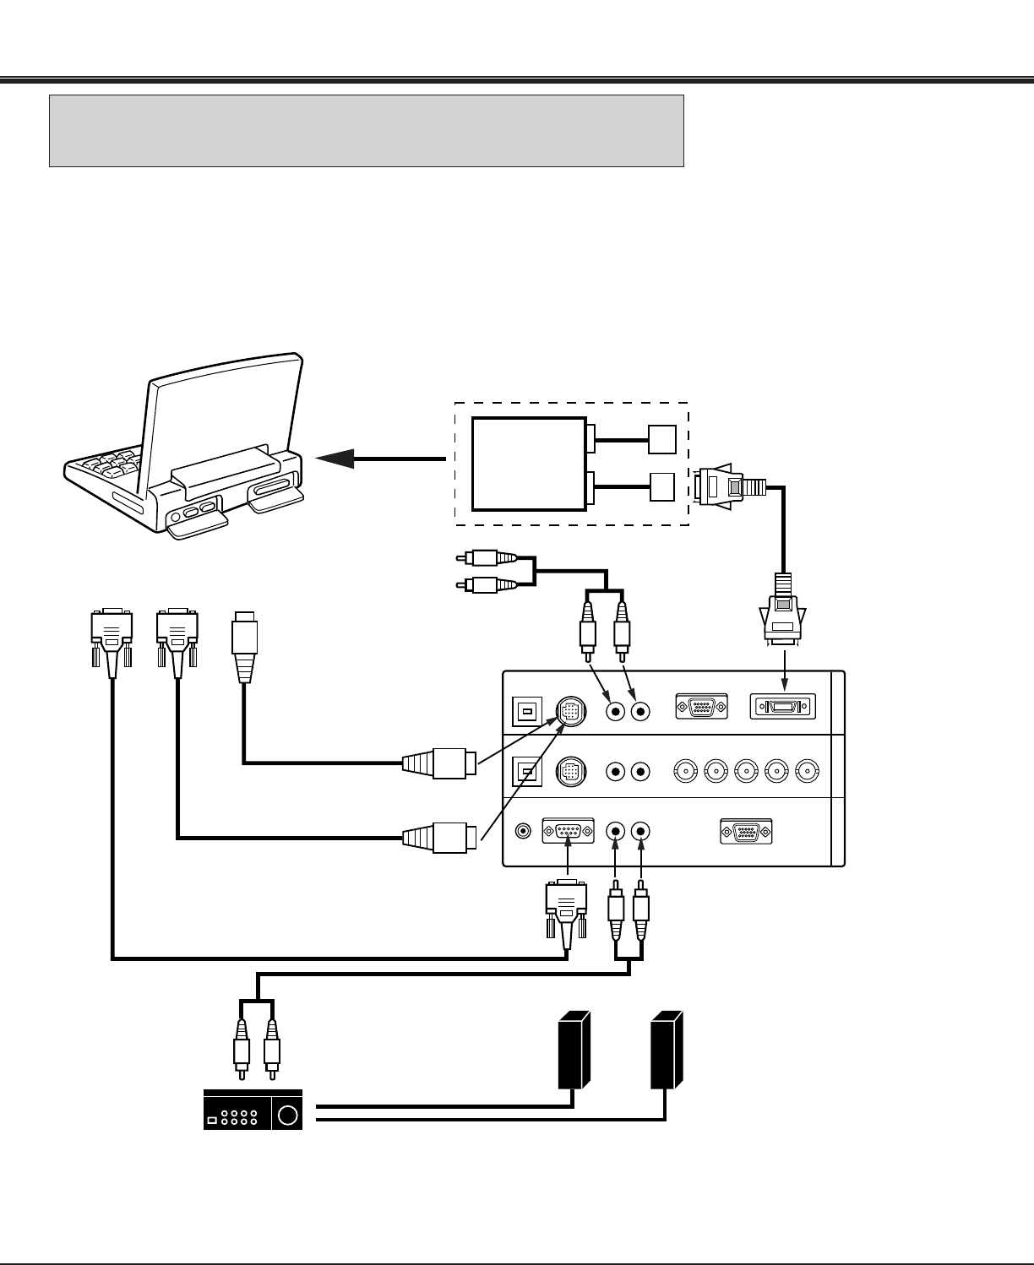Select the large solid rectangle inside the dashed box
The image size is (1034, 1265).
click(529, 464)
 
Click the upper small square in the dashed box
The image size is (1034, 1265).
click(662, 438)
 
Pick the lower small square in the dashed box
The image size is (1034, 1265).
click(662, 487)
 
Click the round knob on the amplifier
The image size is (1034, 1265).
click(288, 1115)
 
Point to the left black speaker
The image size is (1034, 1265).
click(573, 1050)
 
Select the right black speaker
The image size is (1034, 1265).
click(666, 1050)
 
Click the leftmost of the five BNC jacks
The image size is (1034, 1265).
click(686, 770)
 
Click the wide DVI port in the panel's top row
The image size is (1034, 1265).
click(783, 708)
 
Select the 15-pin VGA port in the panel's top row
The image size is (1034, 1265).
click(701, 708)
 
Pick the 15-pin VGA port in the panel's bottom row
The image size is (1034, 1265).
click(746, 831)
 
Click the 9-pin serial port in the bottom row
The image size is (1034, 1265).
click(567, 831)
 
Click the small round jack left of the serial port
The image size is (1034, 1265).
click(524, 831)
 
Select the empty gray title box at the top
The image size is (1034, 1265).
click(366, 131)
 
